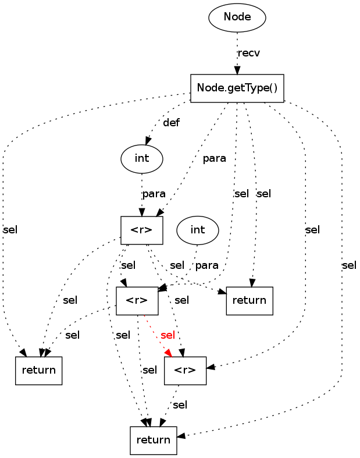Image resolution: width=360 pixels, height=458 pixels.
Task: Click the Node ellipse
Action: click(237, 17)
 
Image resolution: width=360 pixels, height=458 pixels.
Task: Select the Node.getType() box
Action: click(237, 88)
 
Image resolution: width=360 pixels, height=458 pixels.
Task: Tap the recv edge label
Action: click(249, 53)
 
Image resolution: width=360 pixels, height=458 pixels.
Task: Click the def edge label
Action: click(171, 123)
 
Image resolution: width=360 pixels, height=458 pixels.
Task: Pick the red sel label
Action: click(167, 335)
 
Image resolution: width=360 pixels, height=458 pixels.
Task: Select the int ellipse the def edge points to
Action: click(141, 158)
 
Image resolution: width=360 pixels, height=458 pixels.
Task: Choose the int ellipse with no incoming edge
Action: click(198, 230)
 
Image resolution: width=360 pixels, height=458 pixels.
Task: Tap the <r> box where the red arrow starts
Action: click(137, 301)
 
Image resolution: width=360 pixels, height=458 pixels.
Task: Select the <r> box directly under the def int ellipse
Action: click(141, 230)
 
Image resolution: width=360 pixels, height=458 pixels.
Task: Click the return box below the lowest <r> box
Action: click(153, 440)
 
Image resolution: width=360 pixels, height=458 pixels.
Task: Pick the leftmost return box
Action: click(38, 370)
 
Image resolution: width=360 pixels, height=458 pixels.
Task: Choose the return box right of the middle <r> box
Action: click(249, 301)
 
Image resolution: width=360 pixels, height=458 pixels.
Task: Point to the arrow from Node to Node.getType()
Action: click(237, 52)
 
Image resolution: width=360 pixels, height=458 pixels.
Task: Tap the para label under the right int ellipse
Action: click(206, 265)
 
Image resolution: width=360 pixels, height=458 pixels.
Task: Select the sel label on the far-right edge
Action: click(349, 265)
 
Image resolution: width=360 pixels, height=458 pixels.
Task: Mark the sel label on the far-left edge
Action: click(10, 230)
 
